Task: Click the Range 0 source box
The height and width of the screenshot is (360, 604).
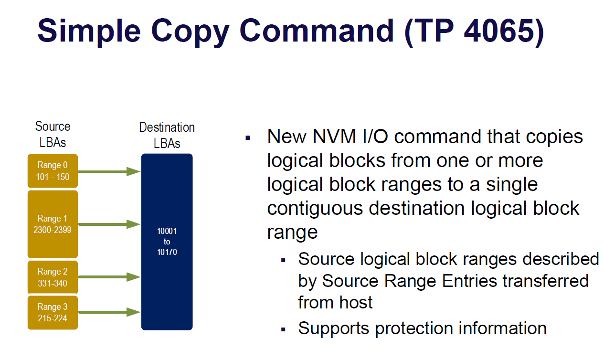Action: pos(53,171)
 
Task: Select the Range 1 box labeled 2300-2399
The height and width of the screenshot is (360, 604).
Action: pos(53,224)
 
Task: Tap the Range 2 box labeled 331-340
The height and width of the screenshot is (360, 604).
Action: pos(53,277)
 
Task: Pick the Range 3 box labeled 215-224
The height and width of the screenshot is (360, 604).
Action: pos(53,312)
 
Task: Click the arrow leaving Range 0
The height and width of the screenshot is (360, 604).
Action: pos(109,171)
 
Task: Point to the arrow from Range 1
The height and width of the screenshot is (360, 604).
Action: pos(109,224)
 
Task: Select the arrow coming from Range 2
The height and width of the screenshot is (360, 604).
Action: pos(109,276)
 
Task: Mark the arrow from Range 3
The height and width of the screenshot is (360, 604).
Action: pos(109,312)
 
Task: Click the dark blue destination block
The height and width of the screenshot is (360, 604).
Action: pos(167,286)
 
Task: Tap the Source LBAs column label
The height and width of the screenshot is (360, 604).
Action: pos(53,134)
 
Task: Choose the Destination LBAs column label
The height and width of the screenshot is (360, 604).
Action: pos(167,136)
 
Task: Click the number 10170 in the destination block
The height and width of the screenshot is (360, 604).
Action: pos(167,252)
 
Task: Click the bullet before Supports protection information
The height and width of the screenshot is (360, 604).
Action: pos(283,329)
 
